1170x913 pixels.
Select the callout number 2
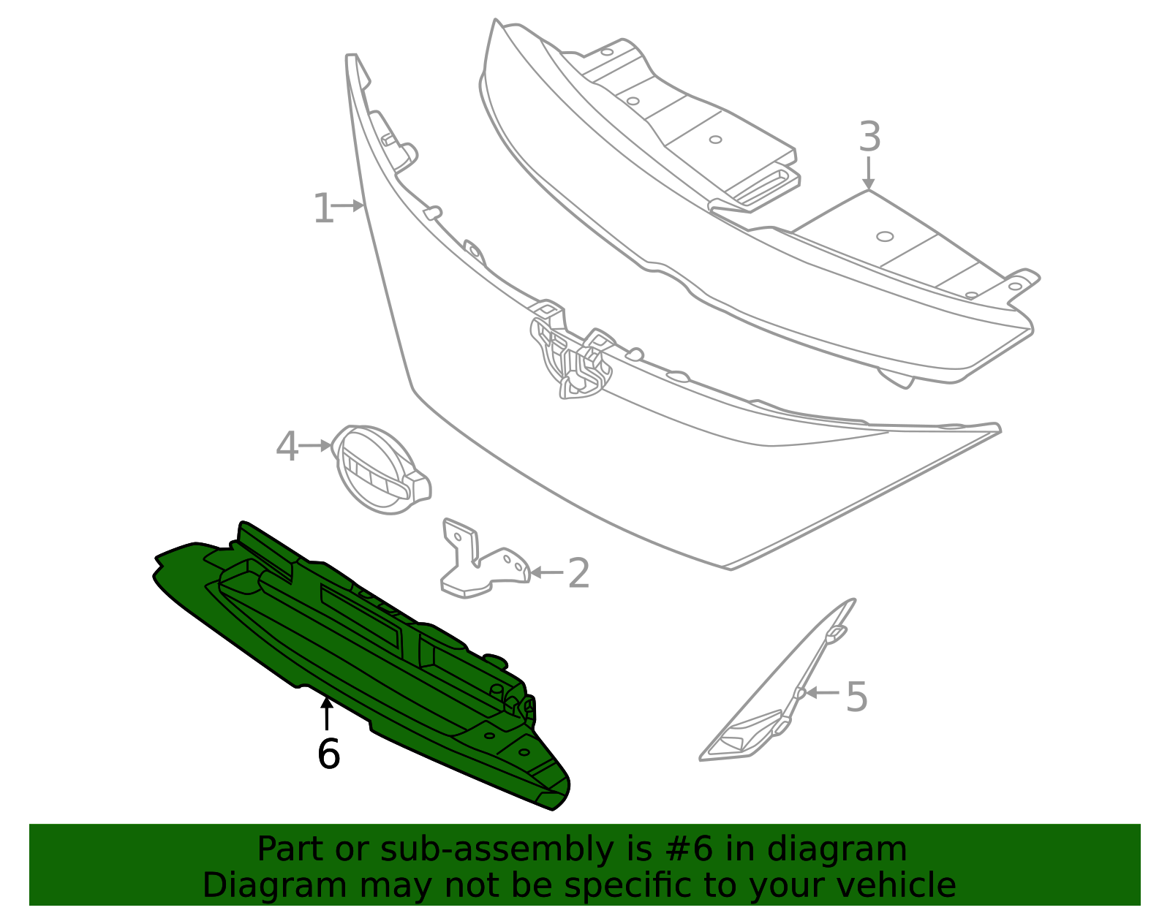coord(579,573)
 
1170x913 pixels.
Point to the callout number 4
coord(287,446)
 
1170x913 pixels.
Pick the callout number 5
coord(856,696)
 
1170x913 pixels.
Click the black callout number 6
coord(328,754)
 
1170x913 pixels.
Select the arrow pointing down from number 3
coord(868,173)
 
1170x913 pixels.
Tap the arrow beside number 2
coord(546,572)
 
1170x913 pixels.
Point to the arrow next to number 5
coord(822,692)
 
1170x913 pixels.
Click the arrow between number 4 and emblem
coord(314,445)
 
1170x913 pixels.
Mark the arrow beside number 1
coord(348,205)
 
